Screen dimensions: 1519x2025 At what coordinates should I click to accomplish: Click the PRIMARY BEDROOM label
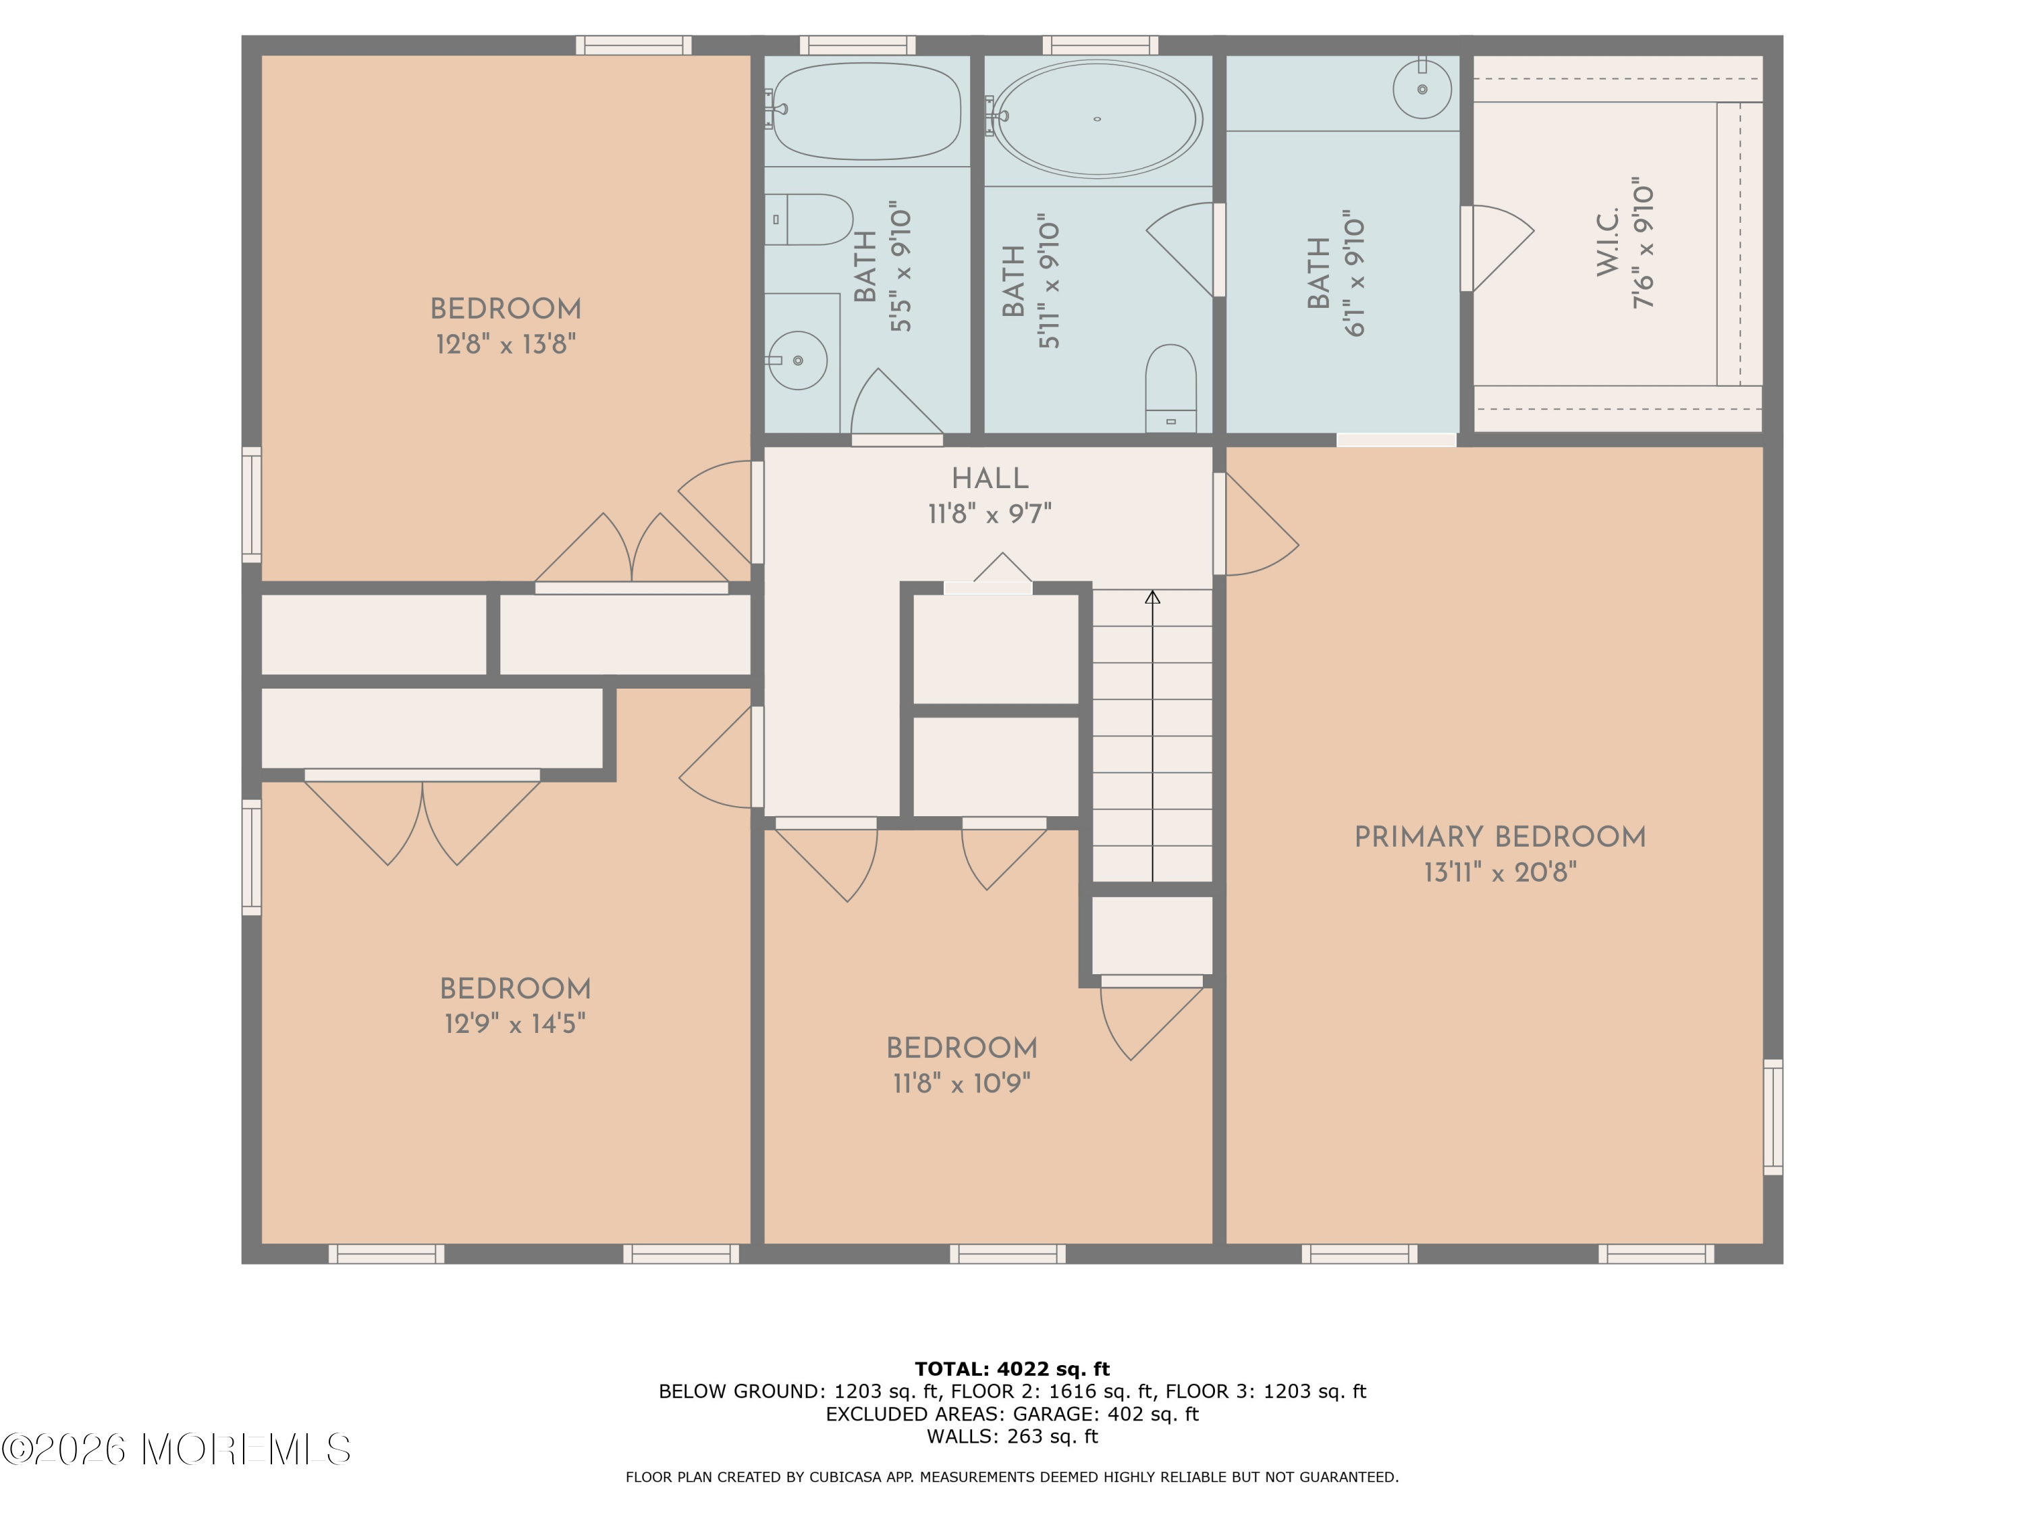(x=1500, y=837)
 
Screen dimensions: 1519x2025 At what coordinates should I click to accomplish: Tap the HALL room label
(x=990, y=478)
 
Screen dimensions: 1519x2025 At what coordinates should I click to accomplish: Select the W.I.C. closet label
(x=1609, y=241)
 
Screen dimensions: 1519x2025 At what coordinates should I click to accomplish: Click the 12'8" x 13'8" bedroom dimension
(x=506, y=344)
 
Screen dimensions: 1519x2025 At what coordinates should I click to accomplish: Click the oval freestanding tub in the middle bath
(x=1097, y=119)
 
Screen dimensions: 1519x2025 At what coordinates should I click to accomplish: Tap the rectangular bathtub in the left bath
(x=866, y=111)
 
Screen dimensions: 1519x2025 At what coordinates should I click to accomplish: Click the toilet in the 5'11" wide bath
(x=1171, y=385)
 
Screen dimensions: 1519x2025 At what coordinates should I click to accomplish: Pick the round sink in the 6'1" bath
(x=1422, y=90)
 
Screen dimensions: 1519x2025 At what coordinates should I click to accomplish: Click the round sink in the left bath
(x=797, y=361)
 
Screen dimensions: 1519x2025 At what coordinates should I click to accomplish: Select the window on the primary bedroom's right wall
(x=1773, y=1117)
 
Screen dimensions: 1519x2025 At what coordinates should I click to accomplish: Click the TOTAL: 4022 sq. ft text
(x=1012, y=1369)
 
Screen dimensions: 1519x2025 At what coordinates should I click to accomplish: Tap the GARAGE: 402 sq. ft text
(x=1105, y=1414)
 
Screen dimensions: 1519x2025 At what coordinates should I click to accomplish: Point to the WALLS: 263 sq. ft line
(x=1012, y=1437)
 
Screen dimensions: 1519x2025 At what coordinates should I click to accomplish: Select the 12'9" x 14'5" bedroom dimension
(x=514, y=1023)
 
